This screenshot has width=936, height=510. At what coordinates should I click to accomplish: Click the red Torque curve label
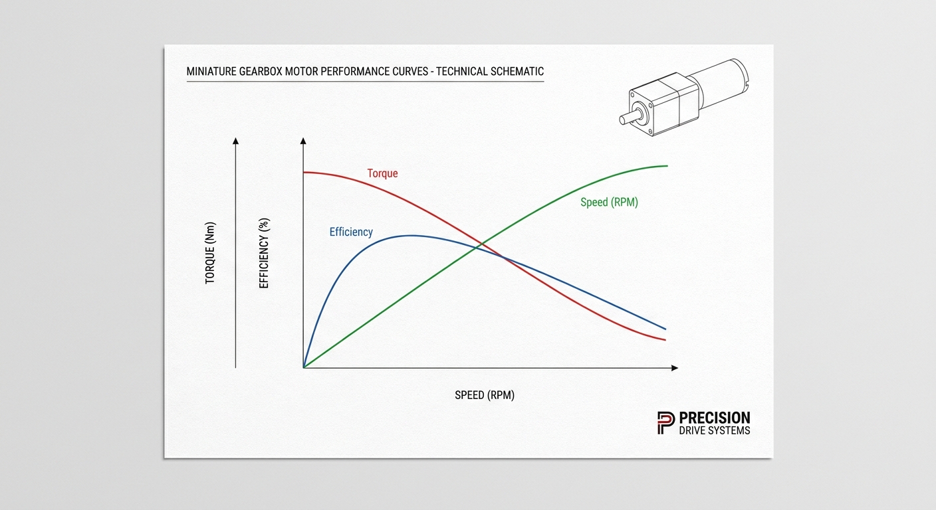[382, 173]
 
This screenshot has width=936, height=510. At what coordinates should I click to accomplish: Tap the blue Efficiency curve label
[351, 232]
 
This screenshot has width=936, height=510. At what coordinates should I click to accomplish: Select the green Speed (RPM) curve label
[609, 203]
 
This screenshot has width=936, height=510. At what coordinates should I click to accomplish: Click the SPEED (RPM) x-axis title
[485, 395]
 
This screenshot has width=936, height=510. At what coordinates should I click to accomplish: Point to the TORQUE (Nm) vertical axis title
[210, 253]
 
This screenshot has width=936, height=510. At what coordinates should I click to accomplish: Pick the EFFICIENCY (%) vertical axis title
[264, 253]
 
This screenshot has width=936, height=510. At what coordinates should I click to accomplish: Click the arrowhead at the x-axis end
[675, 368]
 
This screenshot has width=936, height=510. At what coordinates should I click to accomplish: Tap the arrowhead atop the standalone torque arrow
[236, 141]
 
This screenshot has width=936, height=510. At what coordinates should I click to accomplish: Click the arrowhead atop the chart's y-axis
[303, 141]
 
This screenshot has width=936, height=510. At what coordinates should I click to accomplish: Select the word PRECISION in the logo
[715, 418]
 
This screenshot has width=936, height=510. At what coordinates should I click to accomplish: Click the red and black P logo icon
[666, 423]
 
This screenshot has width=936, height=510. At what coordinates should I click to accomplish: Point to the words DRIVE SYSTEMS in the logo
[715, 431]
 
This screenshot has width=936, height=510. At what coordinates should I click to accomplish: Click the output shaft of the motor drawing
[630, 116]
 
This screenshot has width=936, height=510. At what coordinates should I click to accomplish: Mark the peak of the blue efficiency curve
[411, 236]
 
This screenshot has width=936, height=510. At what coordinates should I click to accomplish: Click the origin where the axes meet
[303, 368]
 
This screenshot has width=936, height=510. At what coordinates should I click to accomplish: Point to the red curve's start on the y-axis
[304, 173]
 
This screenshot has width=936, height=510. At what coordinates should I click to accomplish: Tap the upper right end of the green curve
[667, 166]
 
